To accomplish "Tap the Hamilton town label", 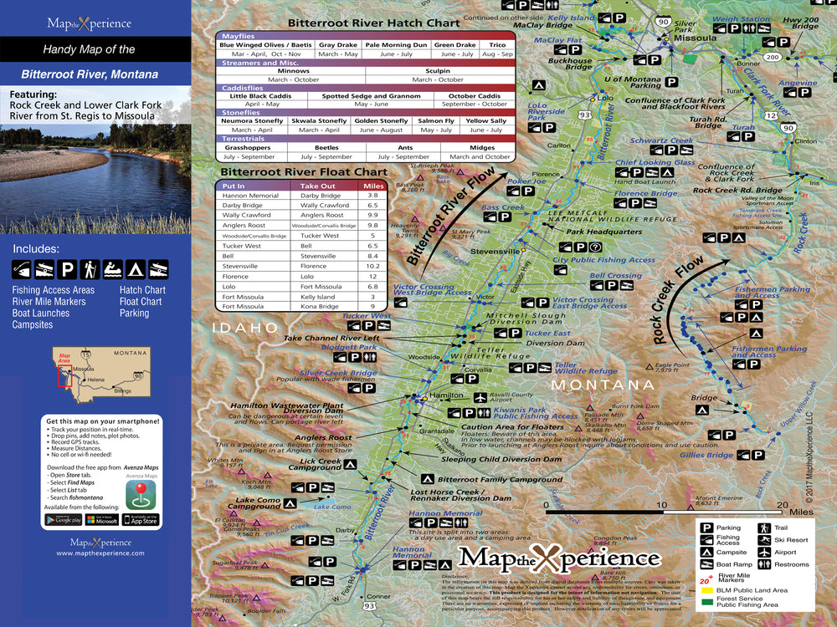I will pyautogui.click(x=445, y=395).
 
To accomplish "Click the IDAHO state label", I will pyautogui.click(x=245, y=328).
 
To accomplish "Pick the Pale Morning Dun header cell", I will pyautogui.click(x=396, y=44).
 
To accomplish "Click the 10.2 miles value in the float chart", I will pyautogui.click(x=372, y=266).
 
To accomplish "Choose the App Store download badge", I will pyautogui.click(x=140, y=519).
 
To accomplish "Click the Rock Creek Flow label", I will pyautogui.click(x=680, y=299).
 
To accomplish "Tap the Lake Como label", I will pyautogui.click(x=331, y=507).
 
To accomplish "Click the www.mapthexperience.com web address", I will pyautogui.click(x=100, y=553).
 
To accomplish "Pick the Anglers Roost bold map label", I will pyautogui.click(x=324, y=437).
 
